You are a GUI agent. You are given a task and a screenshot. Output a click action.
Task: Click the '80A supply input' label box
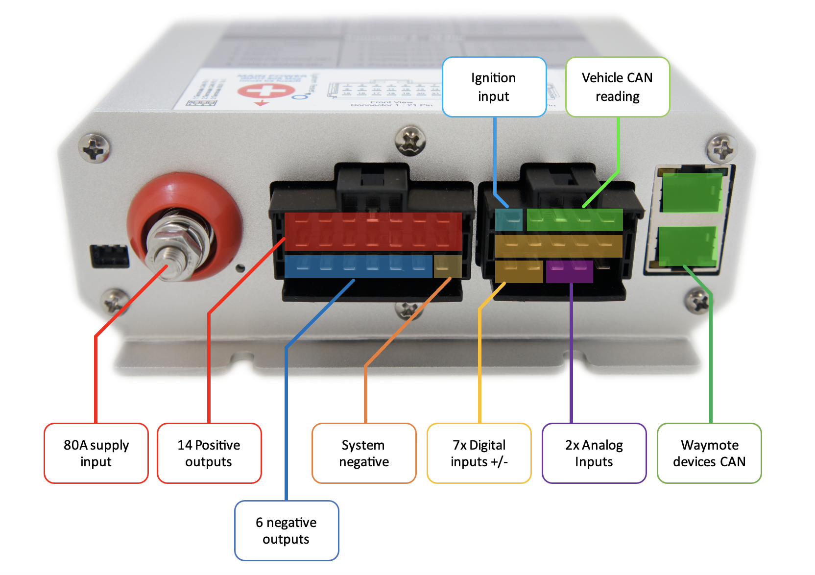(96, 453)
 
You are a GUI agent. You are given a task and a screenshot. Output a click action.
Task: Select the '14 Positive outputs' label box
(209, 453)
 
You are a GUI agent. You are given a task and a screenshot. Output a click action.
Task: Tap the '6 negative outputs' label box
(287, 530)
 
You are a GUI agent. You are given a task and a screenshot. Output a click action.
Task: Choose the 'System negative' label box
(364, 453)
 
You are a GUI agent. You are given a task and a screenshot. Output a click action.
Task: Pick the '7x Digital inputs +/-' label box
(479, 453)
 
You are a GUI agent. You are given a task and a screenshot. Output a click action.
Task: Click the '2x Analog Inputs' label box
(594, 453)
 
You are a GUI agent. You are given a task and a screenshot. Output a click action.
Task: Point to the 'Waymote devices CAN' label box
(709, 453)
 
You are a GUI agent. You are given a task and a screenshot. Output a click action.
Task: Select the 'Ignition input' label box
(494, 87)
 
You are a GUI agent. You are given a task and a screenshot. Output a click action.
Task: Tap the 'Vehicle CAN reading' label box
(617, 87)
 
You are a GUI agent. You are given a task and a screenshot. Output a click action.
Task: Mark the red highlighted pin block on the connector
(373, 231)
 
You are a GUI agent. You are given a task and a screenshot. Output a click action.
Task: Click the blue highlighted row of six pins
(358, 266)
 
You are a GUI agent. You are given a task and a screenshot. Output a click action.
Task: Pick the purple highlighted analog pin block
(569, 271)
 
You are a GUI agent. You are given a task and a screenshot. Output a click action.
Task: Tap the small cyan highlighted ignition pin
(509, 220)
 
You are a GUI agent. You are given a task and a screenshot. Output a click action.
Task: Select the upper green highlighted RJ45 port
(692, 192)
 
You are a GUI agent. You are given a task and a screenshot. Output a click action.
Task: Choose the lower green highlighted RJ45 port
(688, 246)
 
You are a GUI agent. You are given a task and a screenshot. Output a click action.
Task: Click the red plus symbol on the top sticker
(266, 91)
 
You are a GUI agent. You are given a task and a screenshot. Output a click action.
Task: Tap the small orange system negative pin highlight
(448, 266)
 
